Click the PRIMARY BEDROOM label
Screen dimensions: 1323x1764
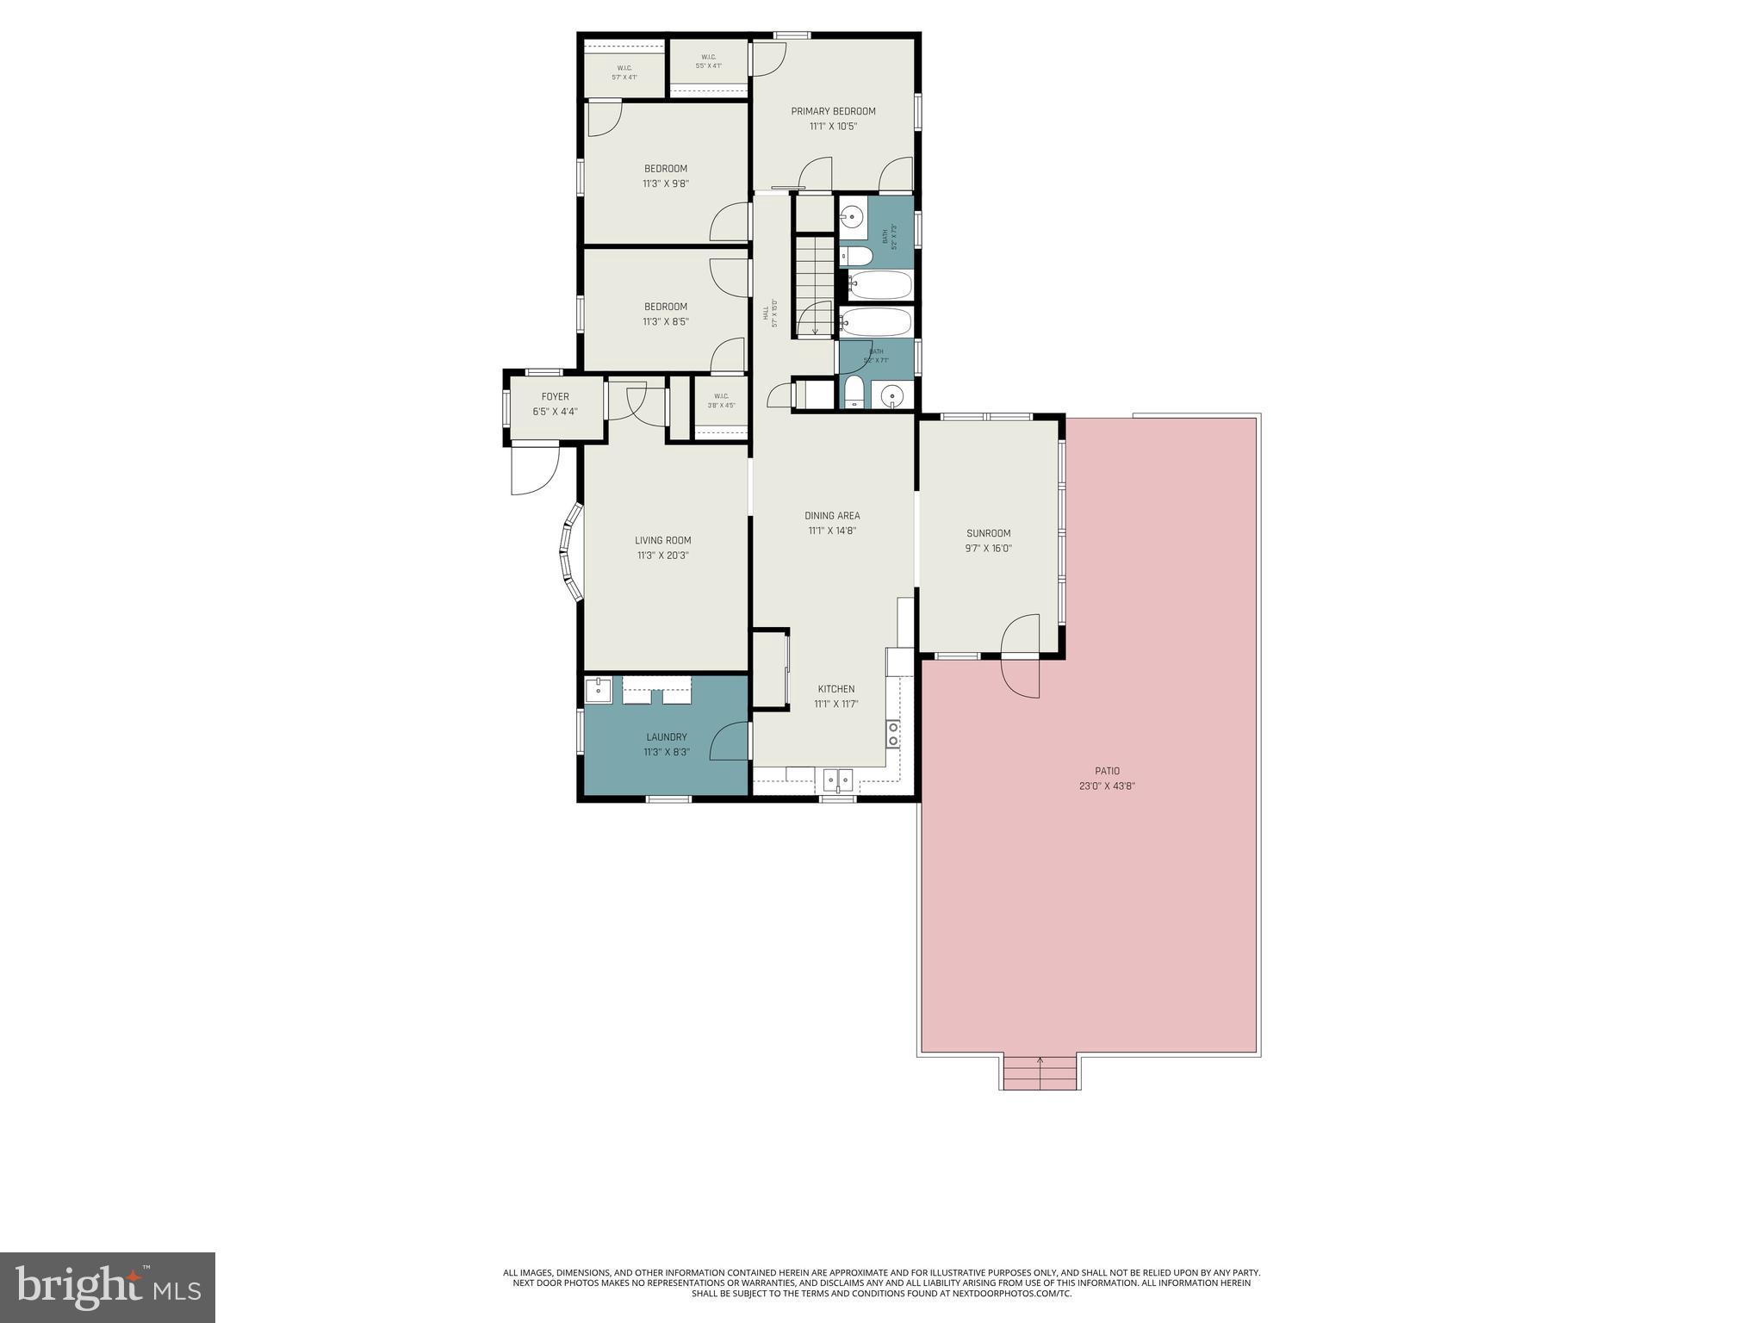pyautogui.click(x=833, y=111)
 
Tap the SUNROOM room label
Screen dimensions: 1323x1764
pyautogui.click(x=988, y=533)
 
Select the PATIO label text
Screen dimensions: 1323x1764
pyautogui.click(x=1107, y=771)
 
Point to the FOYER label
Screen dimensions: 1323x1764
pyautogui.click(x=555, y=397)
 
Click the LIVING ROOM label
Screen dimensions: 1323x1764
pyautogui.click(x=662, y=541)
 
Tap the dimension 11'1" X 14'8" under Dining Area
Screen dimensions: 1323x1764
pyautogui.click(x=831, y=531)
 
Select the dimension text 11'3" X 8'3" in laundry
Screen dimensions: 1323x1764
pyautogui.click(x=666, y=752)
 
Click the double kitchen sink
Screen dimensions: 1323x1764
pyautogui.click(x=838, y=780)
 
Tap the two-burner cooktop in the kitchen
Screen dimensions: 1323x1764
pyautogui.click(x=893, y=734)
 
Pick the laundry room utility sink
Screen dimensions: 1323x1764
pyautogui.click(x=598, y=689)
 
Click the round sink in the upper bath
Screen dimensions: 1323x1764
pyautogui.click(x=852, y=217)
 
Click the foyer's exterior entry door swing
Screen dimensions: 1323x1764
pyautogui.click(x=534, y=469)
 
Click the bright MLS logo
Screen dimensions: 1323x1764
pyautogui.click(x=108, y=1288)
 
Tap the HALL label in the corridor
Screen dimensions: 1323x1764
pyautogui.click(x=765, y=314)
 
